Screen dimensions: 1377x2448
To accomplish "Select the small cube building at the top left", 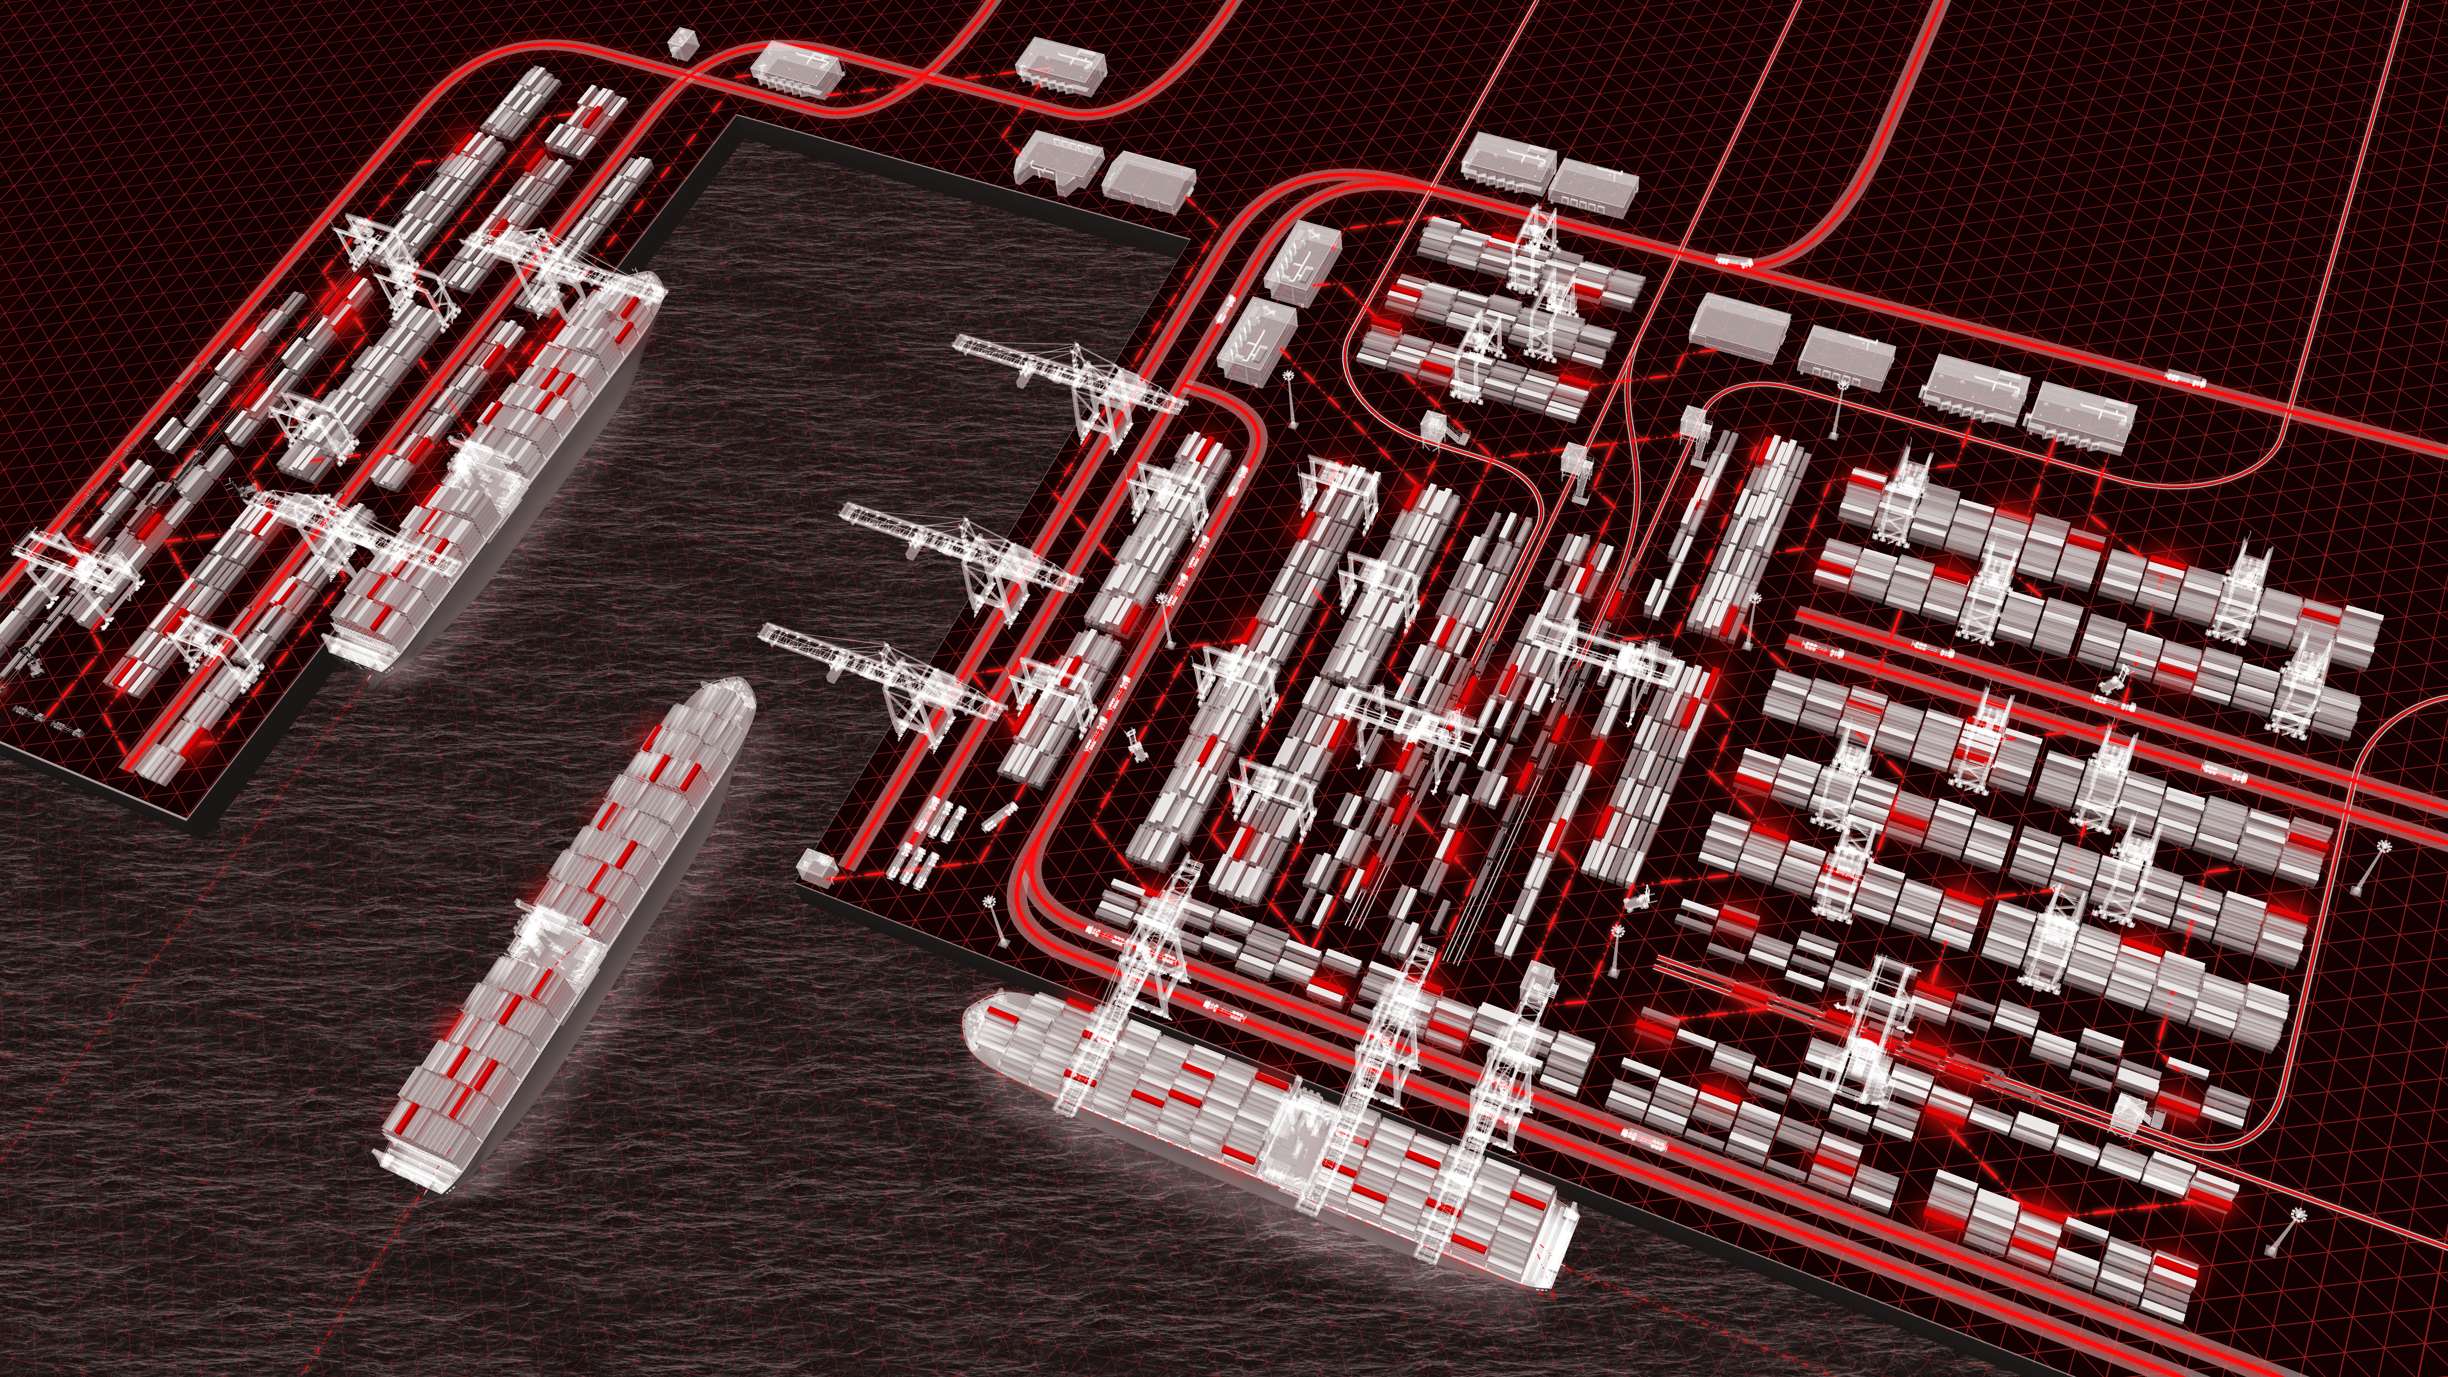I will click(x=681, y=43).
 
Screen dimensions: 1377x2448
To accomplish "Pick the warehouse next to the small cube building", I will click(x=796, y=68).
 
